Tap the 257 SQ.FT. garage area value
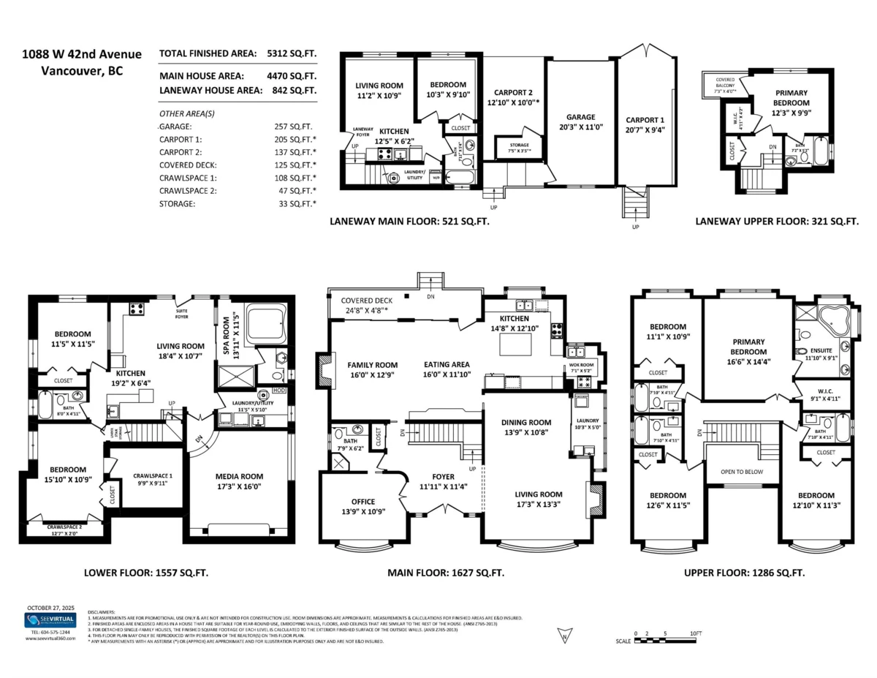pyautogui.click(x=286, y=126)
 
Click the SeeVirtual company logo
pyautogui.click(x=48, y=621)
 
